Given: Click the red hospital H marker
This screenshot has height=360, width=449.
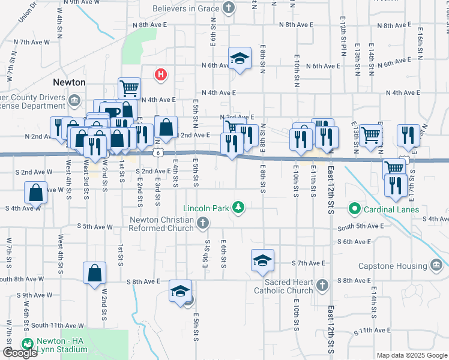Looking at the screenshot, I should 160,74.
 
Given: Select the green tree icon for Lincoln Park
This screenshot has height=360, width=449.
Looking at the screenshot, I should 239,208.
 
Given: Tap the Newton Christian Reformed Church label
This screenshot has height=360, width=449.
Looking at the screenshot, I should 162,223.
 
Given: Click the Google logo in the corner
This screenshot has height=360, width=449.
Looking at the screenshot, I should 20,353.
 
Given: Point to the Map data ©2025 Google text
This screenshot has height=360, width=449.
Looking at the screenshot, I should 412,355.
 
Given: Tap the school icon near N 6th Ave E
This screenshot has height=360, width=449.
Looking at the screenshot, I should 240,58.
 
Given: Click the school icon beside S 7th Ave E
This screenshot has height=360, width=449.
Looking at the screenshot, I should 262,260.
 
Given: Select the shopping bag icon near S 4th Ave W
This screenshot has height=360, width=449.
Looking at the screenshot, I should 36,193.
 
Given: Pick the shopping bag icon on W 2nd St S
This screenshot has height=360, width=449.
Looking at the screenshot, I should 95,272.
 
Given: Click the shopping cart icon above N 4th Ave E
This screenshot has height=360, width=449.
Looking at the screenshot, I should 129,88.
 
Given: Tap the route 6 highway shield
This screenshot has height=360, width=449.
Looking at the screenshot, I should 157,153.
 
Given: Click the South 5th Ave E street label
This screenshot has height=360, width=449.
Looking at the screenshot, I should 360,227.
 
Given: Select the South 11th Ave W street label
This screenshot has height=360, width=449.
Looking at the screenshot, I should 58,325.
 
